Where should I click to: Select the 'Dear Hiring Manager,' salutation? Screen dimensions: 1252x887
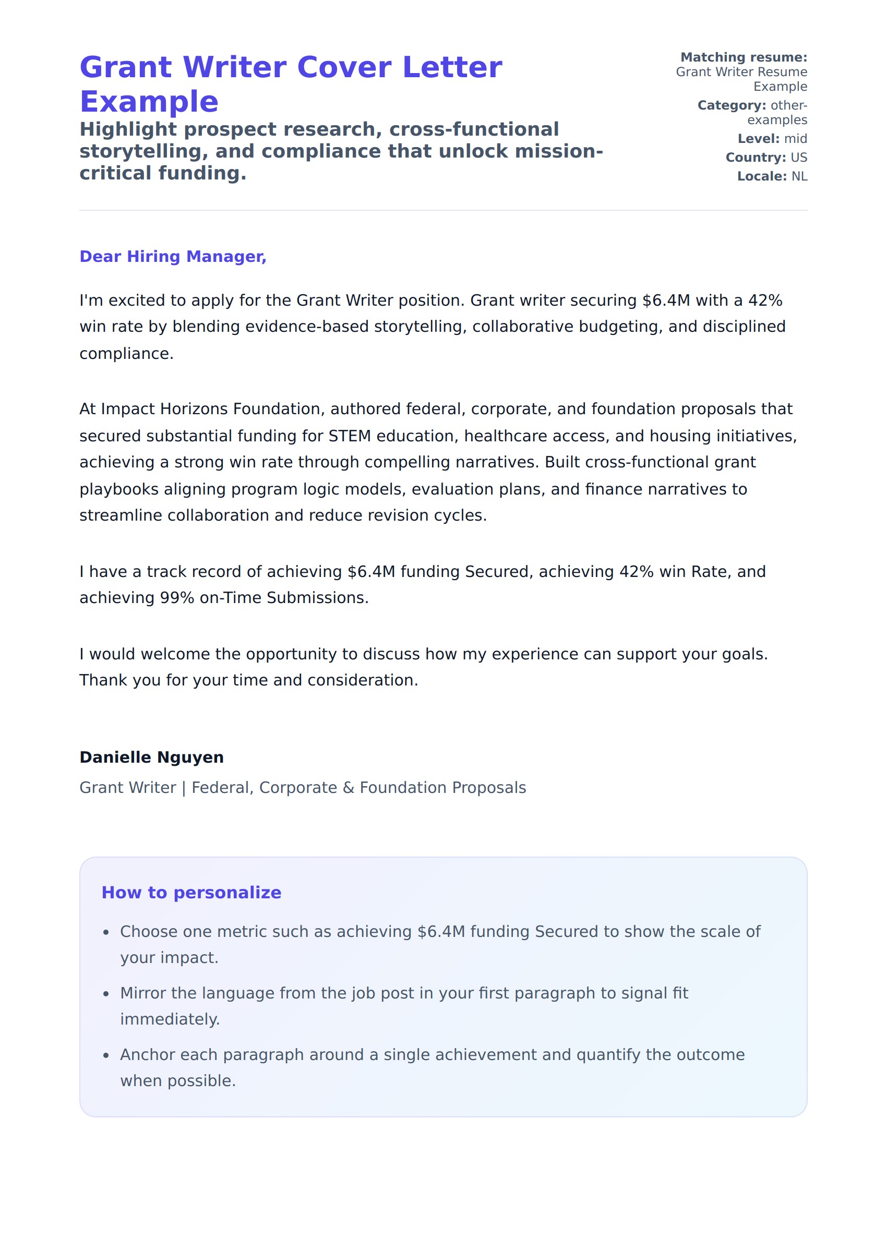click(x=173, y=257)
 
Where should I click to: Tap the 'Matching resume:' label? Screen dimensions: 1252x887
click(x=744, y=57)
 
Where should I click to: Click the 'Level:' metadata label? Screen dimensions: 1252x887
click(x=758, y=139)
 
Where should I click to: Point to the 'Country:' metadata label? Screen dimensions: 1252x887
click(x=756, y=157)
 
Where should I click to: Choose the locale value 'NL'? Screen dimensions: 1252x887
click(x=799, y=176)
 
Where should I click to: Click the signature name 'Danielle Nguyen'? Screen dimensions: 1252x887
click(x=151, y=757)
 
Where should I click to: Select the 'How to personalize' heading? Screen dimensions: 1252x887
click(x=191, y=892)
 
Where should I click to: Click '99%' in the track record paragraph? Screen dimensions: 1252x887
click(x=177, y=598)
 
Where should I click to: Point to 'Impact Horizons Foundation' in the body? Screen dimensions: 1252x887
click(x=213, y=409)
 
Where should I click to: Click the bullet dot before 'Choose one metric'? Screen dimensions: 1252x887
click(x=106, y=933)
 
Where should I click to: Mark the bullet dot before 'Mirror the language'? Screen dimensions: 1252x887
click(x=106, y=994)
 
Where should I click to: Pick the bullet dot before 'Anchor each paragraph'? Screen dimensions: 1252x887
click(x=106, y=1055)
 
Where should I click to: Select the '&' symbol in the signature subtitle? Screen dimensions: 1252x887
click(x=349, y=787)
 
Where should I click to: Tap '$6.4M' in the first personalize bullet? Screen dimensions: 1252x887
click(x=441, y=932)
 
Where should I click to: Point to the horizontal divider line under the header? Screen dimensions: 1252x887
click(x=443, y=210)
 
